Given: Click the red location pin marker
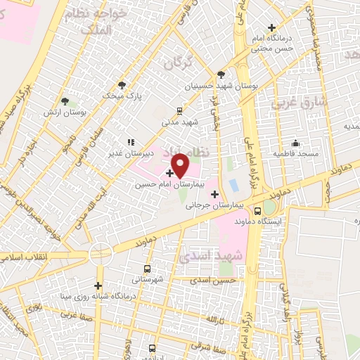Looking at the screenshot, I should [181, 165].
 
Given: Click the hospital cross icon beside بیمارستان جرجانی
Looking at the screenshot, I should [214, 194].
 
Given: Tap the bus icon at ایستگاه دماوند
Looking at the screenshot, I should [258, 209].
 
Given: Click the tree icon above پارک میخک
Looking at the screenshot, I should [122, 84].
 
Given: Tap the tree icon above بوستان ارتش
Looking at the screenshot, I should [65, 102].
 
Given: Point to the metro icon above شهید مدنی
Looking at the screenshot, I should [180, 110].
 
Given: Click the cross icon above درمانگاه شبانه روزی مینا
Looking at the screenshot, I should [98, 285].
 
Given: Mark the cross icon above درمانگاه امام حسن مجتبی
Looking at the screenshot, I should [271, 27].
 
